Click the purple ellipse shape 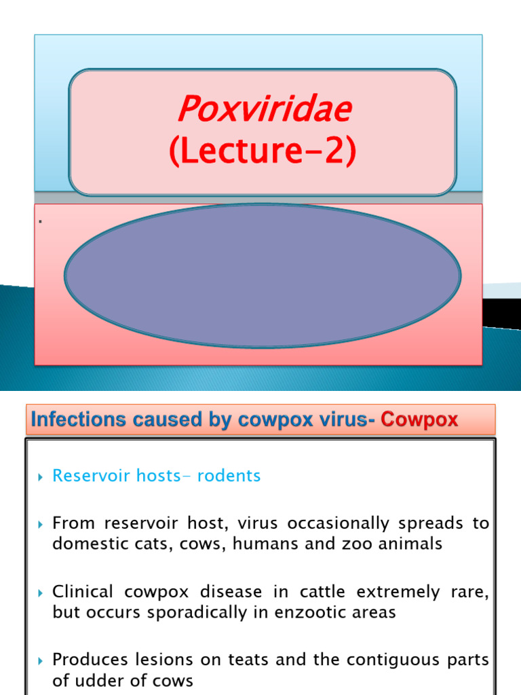[x=263, y=276]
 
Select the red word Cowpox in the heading [x=419, y=420]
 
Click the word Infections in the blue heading [x=72, y=420]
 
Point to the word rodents [x=228, y=476]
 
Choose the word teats [x=224, y=660]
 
